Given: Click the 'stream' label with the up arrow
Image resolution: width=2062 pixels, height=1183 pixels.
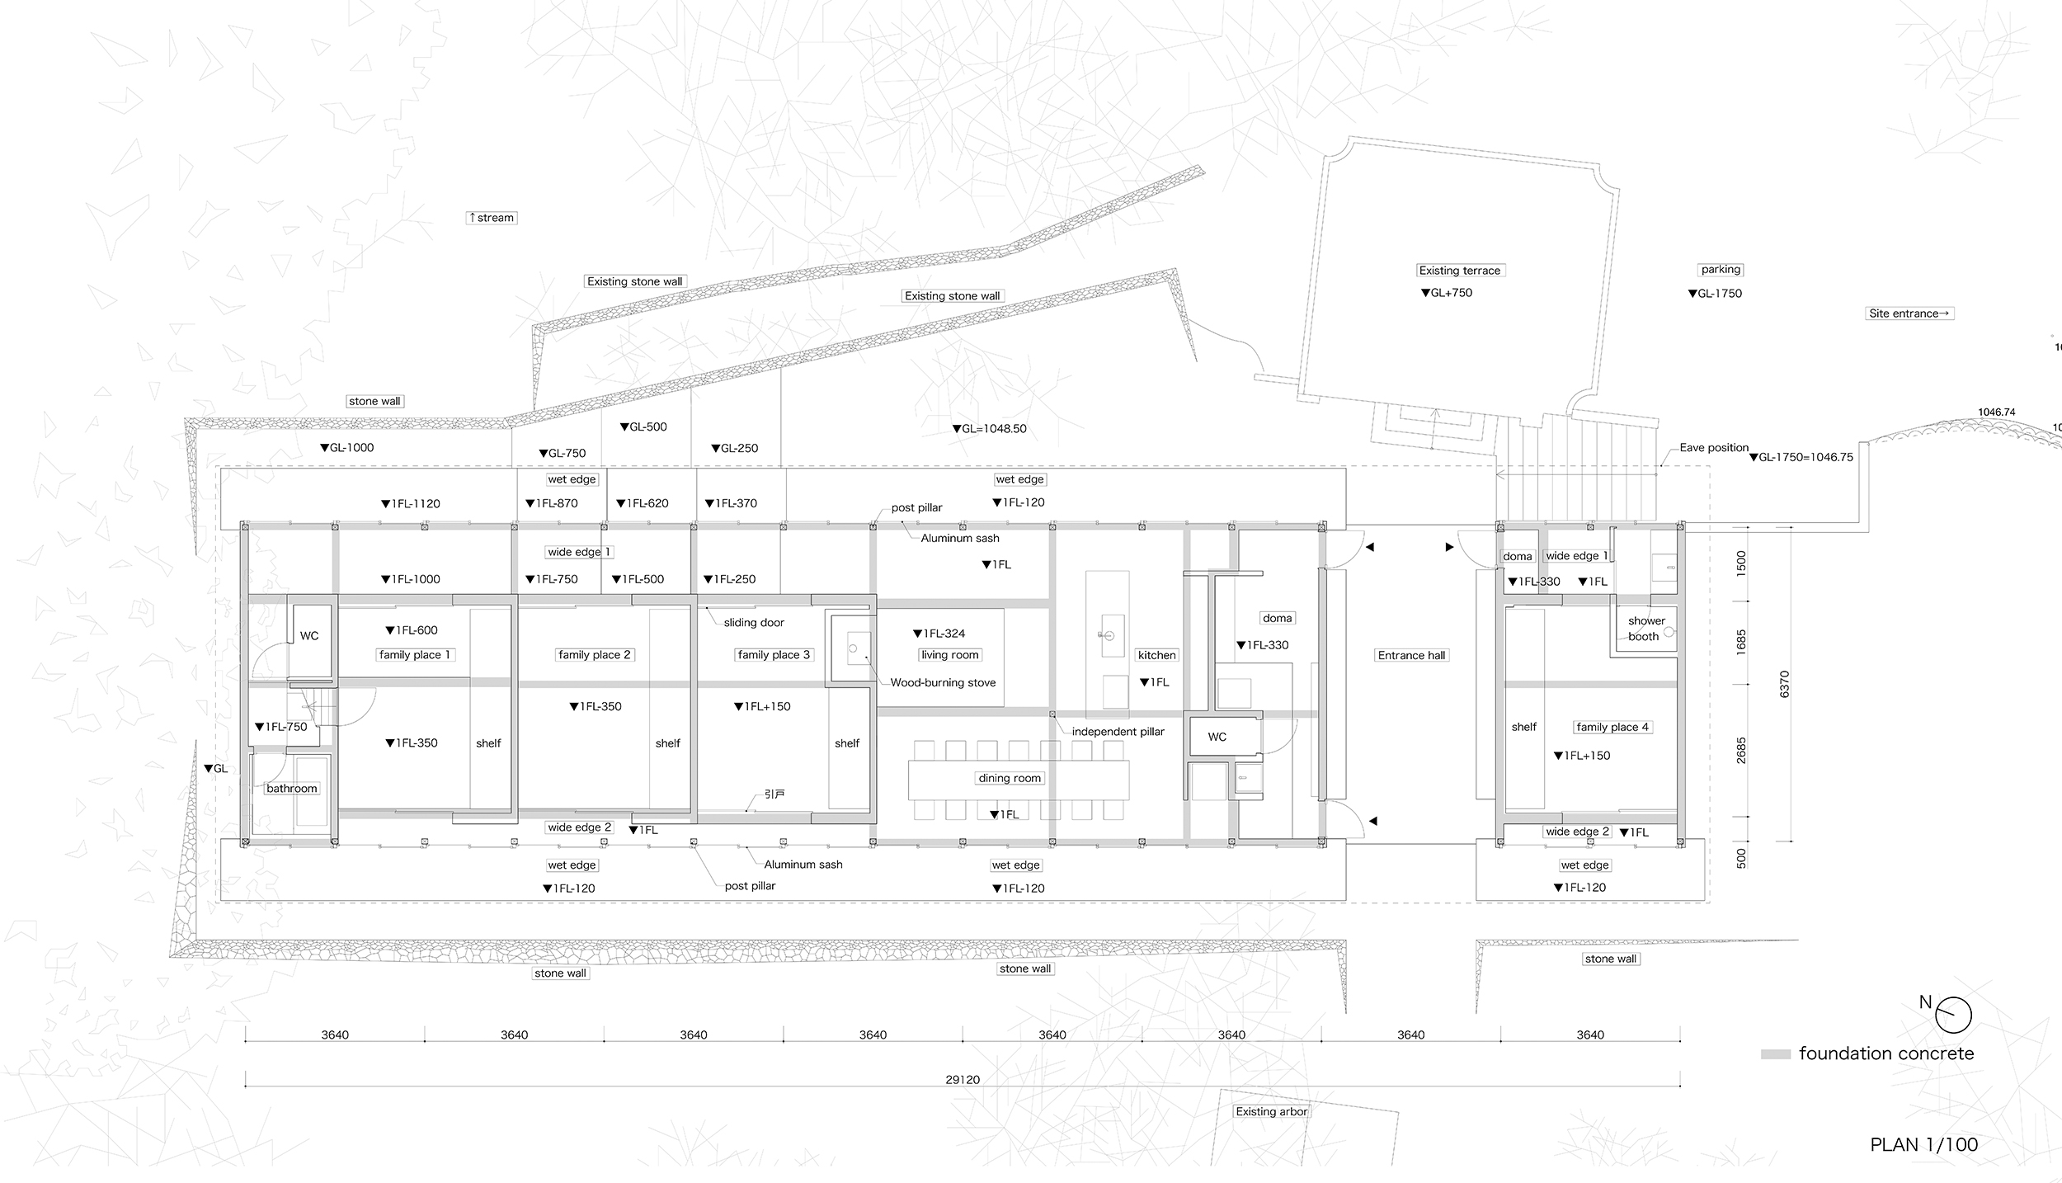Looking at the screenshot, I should [x=492, y=218].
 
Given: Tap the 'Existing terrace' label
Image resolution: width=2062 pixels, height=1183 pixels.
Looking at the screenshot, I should [x=1459, y=271].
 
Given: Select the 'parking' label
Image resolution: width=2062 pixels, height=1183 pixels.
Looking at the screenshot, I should [x=1721, y=270].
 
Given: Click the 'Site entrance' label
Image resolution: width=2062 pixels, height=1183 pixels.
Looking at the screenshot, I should [x=1909, y=313].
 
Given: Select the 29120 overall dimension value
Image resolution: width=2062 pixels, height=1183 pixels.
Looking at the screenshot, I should [x=963, y=1079].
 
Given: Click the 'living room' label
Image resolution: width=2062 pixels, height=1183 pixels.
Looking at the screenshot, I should [x=949, y=655].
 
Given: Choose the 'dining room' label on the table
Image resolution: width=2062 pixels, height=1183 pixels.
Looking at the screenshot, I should [x=1010, y=778].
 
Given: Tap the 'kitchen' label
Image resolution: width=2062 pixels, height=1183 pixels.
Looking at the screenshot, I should [x=1156, y=655].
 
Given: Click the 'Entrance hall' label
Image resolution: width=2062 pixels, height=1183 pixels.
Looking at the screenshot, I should [x=1411, y=656].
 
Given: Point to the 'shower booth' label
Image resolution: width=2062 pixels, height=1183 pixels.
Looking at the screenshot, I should [x=1645, y=629].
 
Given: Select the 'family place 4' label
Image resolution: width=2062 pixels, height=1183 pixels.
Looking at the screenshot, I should [x=1612, y=727].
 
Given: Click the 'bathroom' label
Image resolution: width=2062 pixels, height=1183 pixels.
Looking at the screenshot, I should [x=291, y=789].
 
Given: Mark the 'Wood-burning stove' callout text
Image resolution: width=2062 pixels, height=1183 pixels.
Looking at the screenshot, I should [x=943, y=683].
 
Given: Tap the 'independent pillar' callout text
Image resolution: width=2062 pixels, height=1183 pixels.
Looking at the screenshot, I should [x=1118, y=732].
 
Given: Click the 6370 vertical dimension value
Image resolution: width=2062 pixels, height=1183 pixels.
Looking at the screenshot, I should [x=1785, y=684].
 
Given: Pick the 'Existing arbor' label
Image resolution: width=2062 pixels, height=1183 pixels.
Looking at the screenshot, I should [x=1271, y=1112].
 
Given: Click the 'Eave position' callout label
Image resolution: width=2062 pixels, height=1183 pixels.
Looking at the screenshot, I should [x=1714, y=448].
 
